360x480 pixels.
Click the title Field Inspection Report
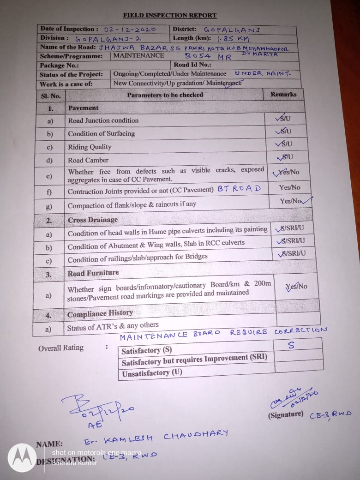point(169,15)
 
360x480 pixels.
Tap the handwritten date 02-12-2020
point(130,29)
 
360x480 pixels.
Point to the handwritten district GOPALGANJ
point(232,30)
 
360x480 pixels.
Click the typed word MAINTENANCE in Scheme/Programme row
point(139,55)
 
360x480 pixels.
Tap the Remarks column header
point(283,94)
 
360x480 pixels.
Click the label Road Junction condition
point(103,120)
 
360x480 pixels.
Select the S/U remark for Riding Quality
point(284,144)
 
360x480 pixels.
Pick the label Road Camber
point(88,160)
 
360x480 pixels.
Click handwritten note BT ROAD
point(239,188)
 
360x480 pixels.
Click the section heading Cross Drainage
point(93,220)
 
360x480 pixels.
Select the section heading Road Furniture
point(93,273)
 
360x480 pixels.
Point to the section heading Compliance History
point(100,314)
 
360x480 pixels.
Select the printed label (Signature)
point(286,415)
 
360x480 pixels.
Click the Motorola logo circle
point(22,457)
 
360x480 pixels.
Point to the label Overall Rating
point(61,348)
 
